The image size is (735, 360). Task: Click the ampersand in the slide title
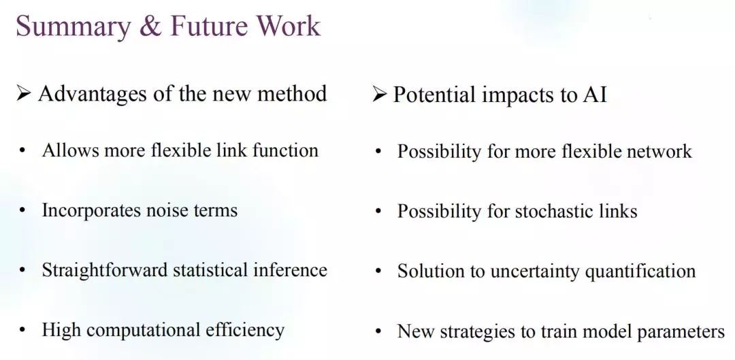(x=150, y=27)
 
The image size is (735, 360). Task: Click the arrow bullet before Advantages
(x=23, y=93)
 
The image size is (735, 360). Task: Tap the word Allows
(x=70, y=150)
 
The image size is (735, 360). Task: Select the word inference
(x=290, y=269)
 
